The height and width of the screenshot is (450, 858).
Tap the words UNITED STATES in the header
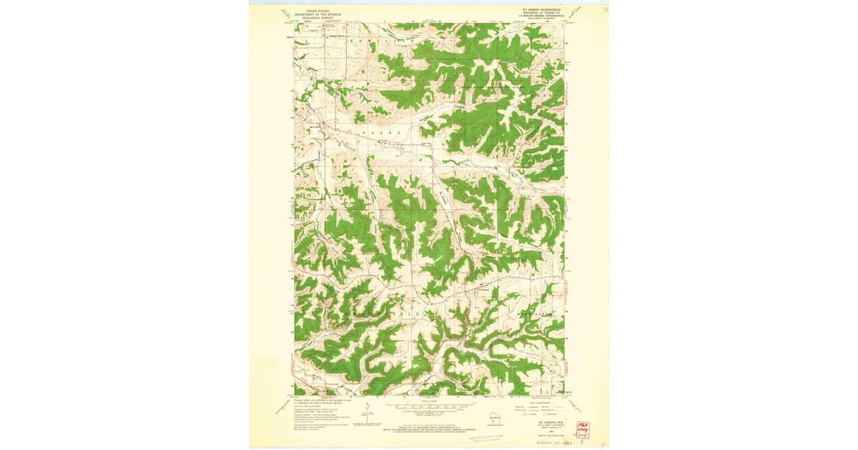coord(317,11)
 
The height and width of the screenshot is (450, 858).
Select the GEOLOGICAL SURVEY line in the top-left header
coord(317,18)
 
